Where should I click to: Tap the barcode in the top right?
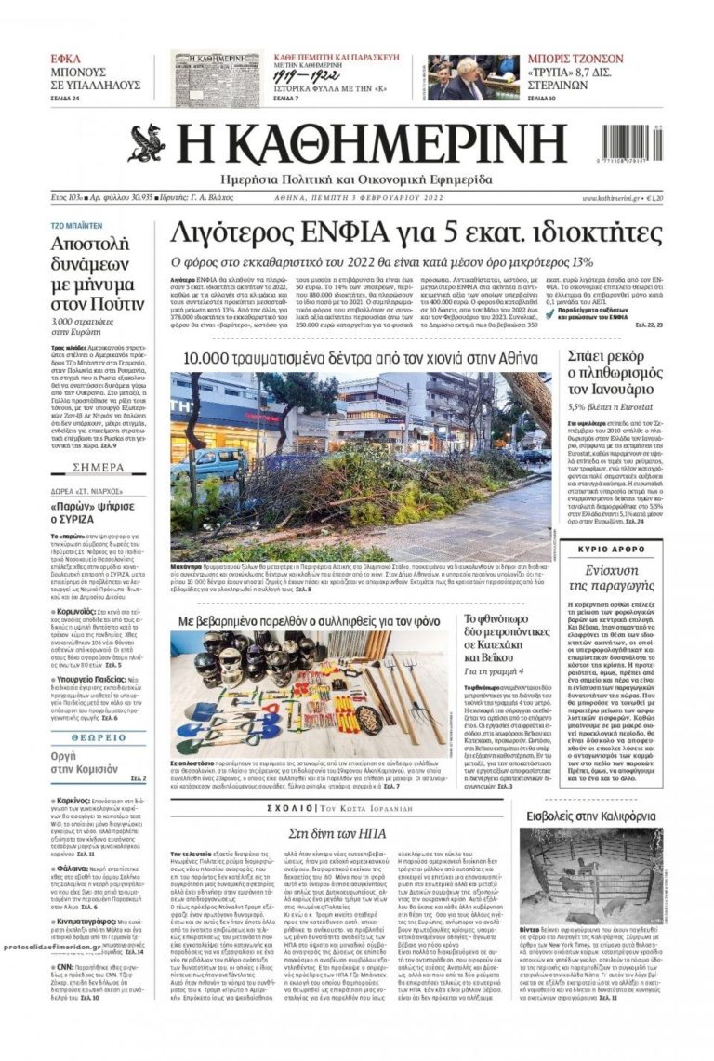point(628,145)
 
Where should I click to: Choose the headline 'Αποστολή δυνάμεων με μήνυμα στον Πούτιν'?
point(97,274)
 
